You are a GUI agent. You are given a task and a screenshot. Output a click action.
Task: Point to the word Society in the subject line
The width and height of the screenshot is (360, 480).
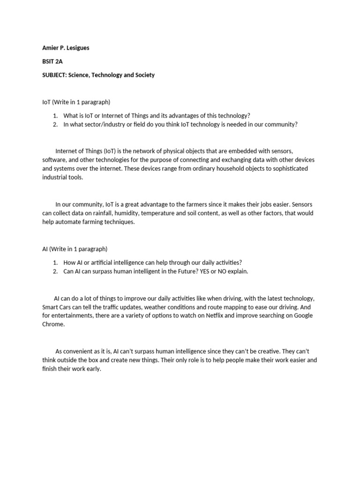pos(144,75)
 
